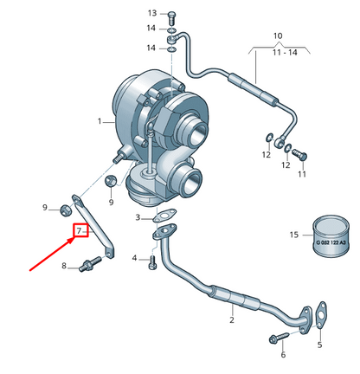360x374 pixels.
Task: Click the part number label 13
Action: click(x=152, y=14)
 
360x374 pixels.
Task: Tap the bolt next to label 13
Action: click(x=170, y=15)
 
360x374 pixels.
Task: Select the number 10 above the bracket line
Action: click(x=277, y=36)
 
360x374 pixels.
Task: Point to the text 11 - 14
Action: click(x=277, y=54)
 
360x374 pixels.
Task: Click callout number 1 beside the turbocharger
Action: click(x=100, y=120)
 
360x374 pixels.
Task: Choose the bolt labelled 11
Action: click(x=299, y=156)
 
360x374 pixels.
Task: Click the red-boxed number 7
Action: click(x=79, y=231)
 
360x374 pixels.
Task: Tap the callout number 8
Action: click(x=63, y=265)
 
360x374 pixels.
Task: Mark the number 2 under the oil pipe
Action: click(x=231, y=321)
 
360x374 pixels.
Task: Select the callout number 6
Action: click(x=282, y=355)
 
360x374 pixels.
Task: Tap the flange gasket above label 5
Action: click(x=318, y=313)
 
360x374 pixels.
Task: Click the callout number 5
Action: click(x=318, y=345)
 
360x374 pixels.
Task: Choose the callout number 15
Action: click(x=292, y=235)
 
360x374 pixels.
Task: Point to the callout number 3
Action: click(x=137, y=217)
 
